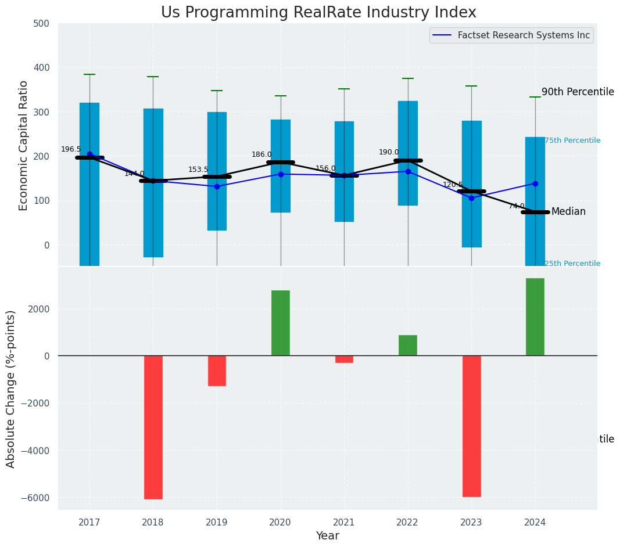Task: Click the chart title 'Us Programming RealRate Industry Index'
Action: tap(318, 13)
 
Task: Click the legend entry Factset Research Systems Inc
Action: tap(524, 35)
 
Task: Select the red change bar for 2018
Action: tap(153, 427)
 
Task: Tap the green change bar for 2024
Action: tap(535, 316)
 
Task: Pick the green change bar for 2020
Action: tap(280, 323)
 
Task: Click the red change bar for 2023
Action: tap(471, 426)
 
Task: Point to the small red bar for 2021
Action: tap(344, 359)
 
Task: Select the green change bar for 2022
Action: tap(407, 345)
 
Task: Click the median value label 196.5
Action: tap(71, 149)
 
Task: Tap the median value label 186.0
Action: tap(261, 154)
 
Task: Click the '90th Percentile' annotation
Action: tap(578, 92)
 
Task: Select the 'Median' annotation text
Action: tap(568, 212)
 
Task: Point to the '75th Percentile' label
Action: tap(572, 141)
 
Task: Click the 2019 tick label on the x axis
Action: tap(217, 521)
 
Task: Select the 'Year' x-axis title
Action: tap(327, 536)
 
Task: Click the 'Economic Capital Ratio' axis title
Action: tap(24, 145)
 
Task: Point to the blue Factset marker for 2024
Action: tap(535, 183)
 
